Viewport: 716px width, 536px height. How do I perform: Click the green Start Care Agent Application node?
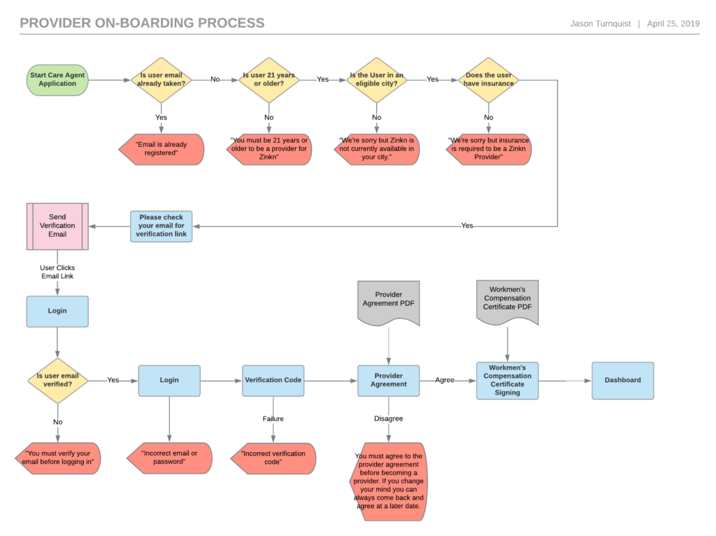coord(57,80)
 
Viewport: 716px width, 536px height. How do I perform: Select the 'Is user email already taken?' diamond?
coord(162,80)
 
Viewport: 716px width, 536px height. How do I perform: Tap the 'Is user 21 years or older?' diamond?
coord(269,80)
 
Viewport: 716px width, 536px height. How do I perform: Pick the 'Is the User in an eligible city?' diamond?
coord(377,80)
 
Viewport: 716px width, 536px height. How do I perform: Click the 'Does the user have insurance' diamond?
coord(489,80)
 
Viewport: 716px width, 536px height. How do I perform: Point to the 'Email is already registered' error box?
coord(161,149)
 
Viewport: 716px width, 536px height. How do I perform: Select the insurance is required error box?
coord(489,149)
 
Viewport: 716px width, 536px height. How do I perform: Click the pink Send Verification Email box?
coord(57,226)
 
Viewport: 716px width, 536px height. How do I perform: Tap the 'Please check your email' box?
coord(161,226)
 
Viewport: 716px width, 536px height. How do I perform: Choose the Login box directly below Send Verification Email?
coord(57,311)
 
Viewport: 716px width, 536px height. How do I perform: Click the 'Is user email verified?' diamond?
coord(57,381)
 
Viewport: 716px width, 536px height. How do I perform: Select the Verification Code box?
coord(273,381)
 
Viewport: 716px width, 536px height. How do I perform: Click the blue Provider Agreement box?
coord(389,381)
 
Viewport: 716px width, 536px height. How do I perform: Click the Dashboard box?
coord(622,381)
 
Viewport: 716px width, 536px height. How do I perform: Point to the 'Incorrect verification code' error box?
coord(273,458)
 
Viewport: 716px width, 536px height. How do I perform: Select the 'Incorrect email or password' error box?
coord(169,458)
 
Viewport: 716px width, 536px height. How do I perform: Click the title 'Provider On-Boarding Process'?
coord(142,23)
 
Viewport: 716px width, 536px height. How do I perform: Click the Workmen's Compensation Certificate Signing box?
coord(507,381)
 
